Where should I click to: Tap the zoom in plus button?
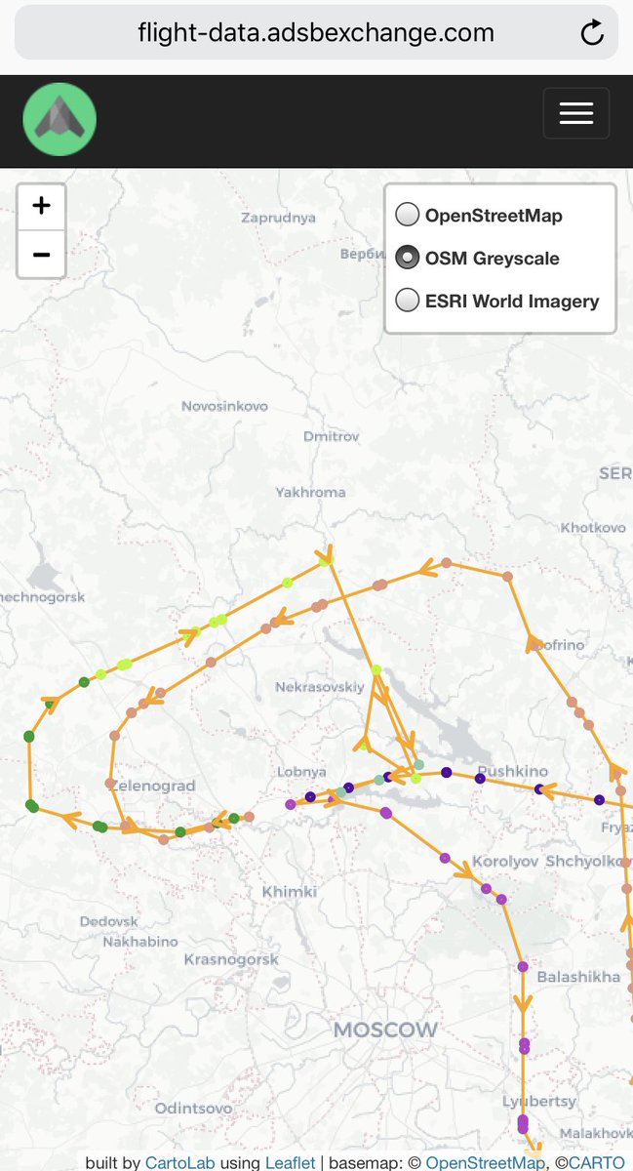click(41, 206)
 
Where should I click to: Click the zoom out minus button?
click(41, 255)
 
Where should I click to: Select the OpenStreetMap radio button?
click(408, 215)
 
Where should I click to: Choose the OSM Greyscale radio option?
click(408, 258)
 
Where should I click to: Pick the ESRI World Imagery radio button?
click(408, 301)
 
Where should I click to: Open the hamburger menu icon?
click(575, 113)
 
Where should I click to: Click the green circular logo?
click(59, 119)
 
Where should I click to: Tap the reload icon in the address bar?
click(592, 33)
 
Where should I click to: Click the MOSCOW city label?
click(385, 1030)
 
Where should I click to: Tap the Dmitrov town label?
click(332, 436)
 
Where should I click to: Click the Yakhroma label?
click(310, 492)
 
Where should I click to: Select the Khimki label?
click(290, 892)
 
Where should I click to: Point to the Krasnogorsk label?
click(231, 959)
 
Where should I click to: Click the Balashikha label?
click(578, 976)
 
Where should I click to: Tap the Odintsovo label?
click(193, 1108)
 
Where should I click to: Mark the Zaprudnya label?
click(279, 218)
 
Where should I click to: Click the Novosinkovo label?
click(224, 406)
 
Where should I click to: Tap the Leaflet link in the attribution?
click(290, 1162)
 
